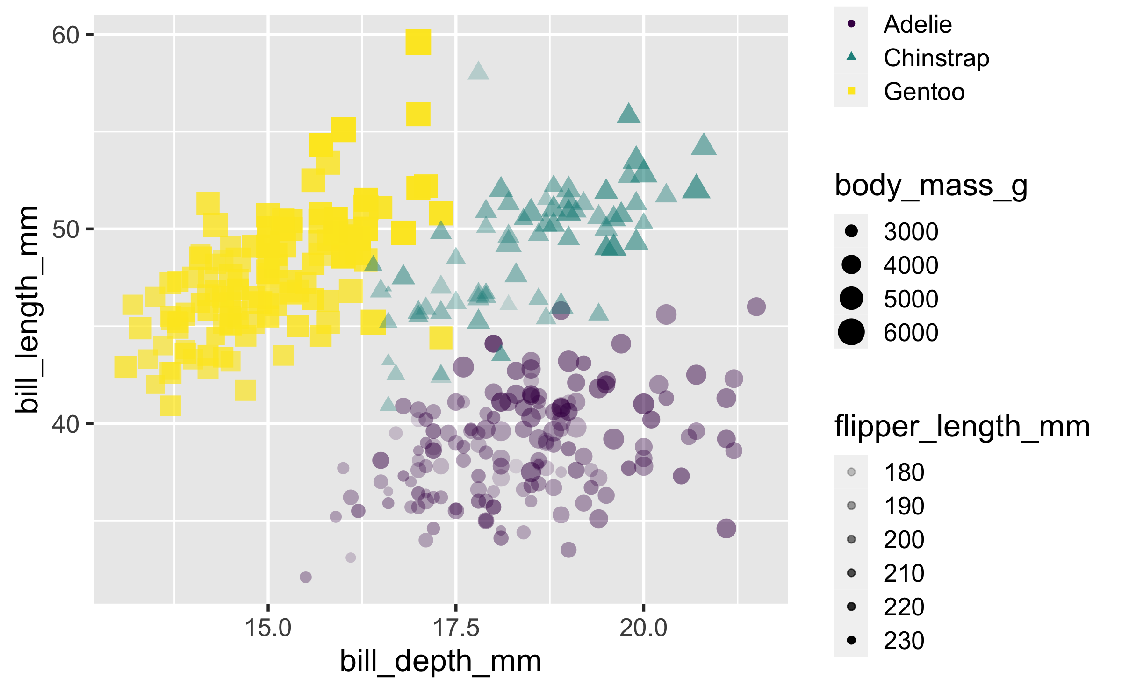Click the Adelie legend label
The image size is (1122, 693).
[917, 24]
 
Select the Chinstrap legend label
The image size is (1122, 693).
[936, 58]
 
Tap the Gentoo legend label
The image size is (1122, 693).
[924, 92]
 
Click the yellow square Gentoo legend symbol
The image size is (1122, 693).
[851, 91]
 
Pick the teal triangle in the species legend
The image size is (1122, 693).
[851, 57]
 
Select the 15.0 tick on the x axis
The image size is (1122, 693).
[268, 607]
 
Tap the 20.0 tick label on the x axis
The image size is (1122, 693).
[643, 628]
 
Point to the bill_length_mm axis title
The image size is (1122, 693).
[27, 310]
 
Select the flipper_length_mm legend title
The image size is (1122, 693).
[962, 427]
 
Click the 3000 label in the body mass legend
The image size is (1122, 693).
[911, 232]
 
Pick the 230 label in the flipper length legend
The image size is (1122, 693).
[904, 641]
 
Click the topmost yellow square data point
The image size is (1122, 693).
[418, 43]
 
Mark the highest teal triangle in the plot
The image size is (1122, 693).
[478, 71]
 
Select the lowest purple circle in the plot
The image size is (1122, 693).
[305, 577]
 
